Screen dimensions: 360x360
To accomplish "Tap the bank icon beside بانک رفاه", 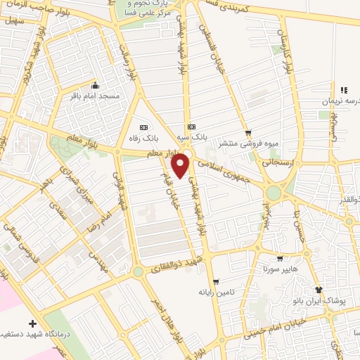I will click(144, 127).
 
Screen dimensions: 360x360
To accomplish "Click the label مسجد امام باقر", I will click(96, 96).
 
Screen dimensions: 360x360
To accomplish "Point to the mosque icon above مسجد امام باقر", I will click(96, 86).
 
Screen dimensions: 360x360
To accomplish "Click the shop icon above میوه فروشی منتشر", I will click(247, 132).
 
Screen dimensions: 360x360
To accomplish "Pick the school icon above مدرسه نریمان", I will click(344, 90).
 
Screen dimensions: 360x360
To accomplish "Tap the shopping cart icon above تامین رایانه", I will click(215, 281).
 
